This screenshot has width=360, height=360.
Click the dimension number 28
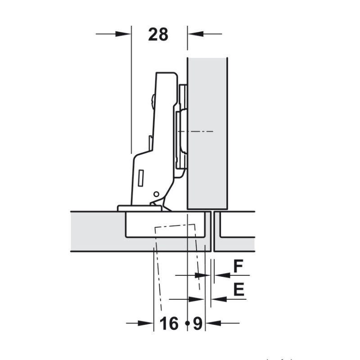click(x=158, y=35)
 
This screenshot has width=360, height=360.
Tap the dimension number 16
click(x=169, y=323)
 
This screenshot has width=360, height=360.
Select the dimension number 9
click(x=198, y=323)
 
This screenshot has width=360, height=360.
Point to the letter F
click(x=238, y=266)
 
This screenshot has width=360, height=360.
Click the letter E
click(x=239, y=289)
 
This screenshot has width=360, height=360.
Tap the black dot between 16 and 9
click(x=187, y=323)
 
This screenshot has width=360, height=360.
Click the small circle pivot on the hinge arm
click(x=156, y=194)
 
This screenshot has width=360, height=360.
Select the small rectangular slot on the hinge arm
click(x=141, y=178)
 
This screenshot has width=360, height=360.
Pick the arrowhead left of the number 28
click(x=123, y=34)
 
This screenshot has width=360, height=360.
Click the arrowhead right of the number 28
click(x=196, y=34)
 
